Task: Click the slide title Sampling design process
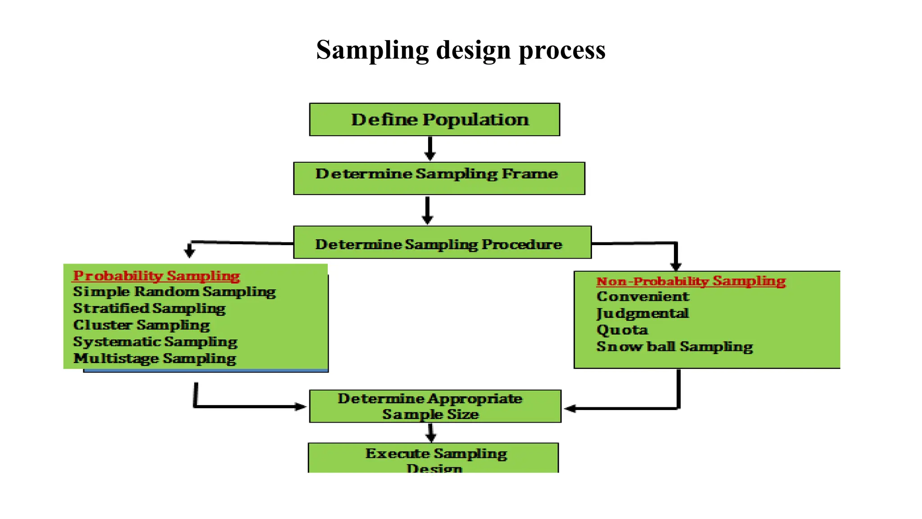coord(461,50)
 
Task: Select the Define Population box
coord(434,119)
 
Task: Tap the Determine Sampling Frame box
coord(439,178)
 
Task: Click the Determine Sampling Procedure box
coord(442,243)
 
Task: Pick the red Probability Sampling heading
coord(156,276)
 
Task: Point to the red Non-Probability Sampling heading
coord(691,281)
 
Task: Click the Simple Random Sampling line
coord(174,292)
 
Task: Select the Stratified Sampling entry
coord(149,309)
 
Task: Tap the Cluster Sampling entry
coord(141,325)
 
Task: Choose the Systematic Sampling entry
coord(155,342)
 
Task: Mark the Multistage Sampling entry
coord(154,359)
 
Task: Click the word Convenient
coord(642,296)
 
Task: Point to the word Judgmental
coord(642,313)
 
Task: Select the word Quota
coord(622,330)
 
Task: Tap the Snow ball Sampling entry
coord(674,346)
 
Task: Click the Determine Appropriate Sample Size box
coord(435,406)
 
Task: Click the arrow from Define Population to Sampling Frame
coord(430,149)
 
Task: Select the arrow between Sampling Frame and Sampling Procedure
coord(427,210)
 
